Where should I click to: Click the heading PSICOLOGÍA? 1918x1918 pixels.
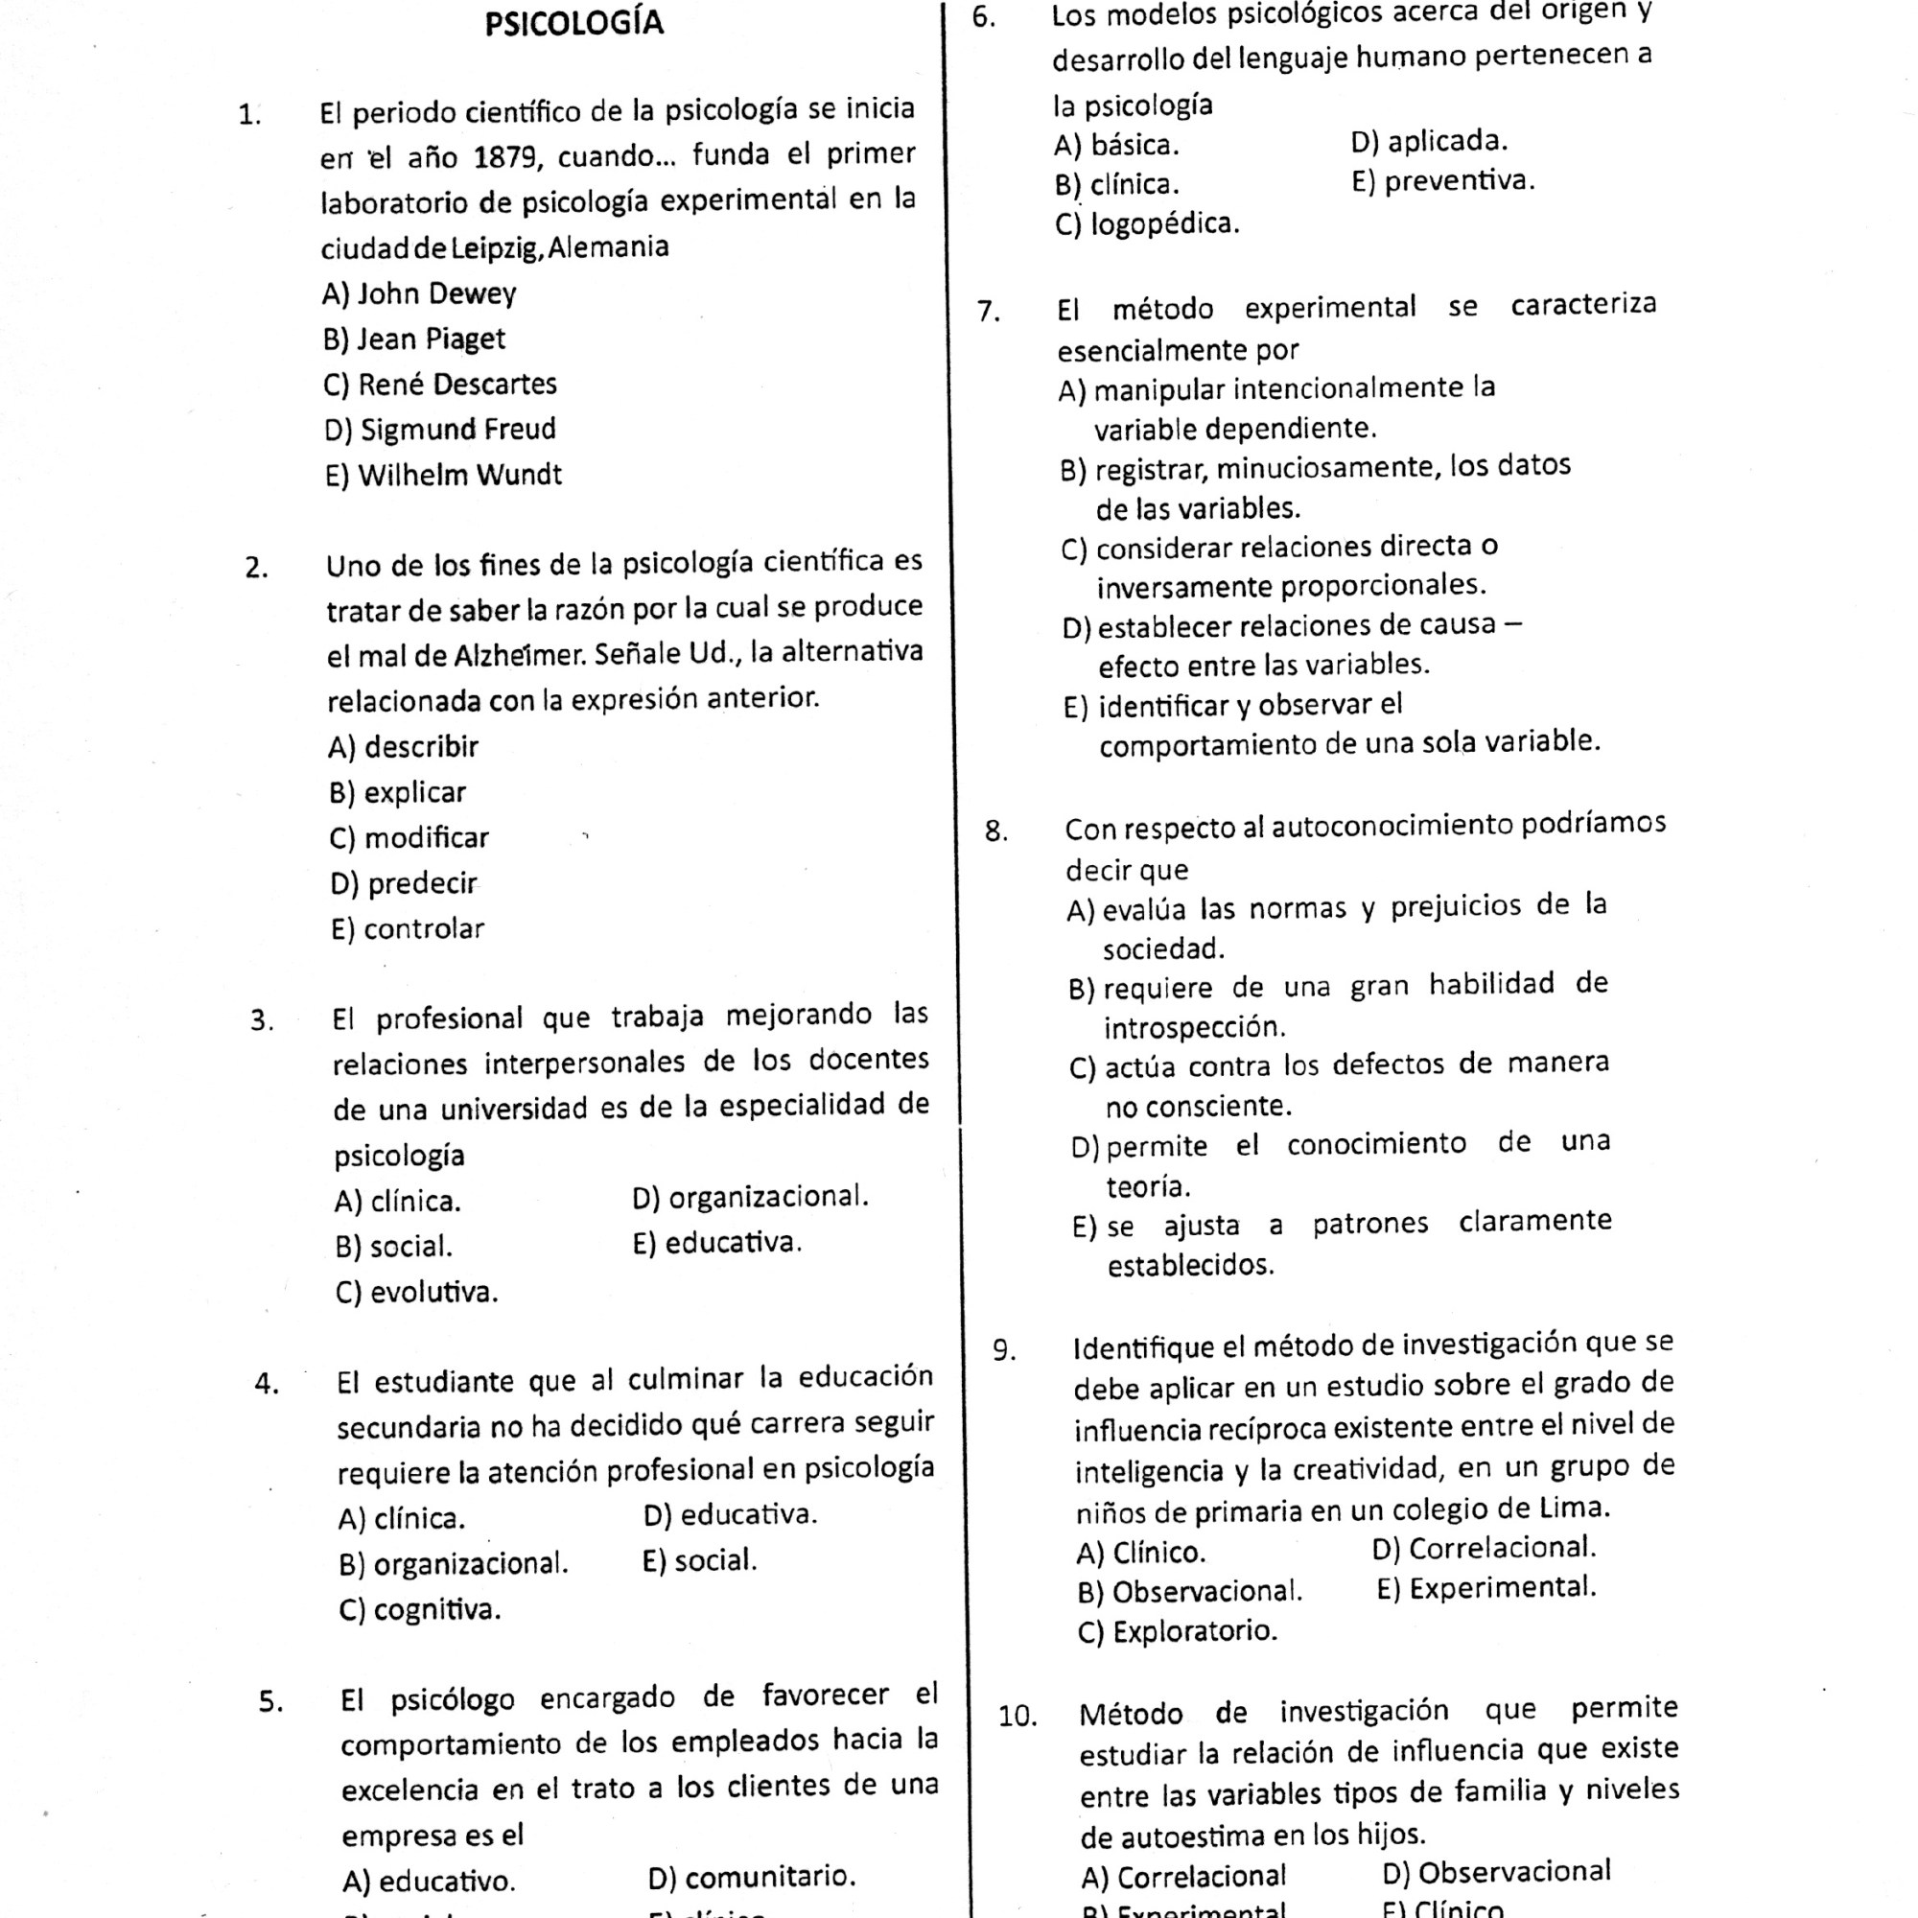(573, 23)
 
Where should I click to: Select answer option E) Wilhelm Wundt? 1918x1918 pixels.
(443, 476)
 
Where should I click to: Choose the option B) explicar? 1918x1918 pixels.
(397, 792)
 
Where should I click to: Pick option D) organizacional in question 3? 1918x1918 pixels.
(750, 1197)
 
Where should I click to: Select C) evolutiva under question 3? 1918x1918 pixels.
(416, 1293)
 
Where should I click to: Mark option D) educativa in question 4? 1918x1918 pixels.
(730, 1515)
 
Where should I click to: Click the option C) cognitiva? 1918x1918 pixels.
(419, 1609)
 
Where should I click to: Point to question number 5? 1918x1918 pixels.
(271, 1702)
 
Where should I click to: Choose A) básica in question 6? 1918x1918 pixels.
(1116, 146)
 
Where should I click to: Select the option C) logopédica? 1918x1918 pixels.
(1147, 224)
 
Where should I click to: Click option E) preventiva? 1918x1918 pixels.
(1441, 181)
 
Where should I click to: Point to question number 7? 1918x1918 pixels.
(988, 312)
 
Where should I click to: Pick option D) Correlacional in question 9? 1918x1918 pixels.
(1485, 1549)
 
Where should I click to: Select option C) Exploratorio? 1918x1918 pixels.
(1178, 1632)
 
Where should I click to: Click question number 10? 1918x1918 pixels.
(1017, 1717)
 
